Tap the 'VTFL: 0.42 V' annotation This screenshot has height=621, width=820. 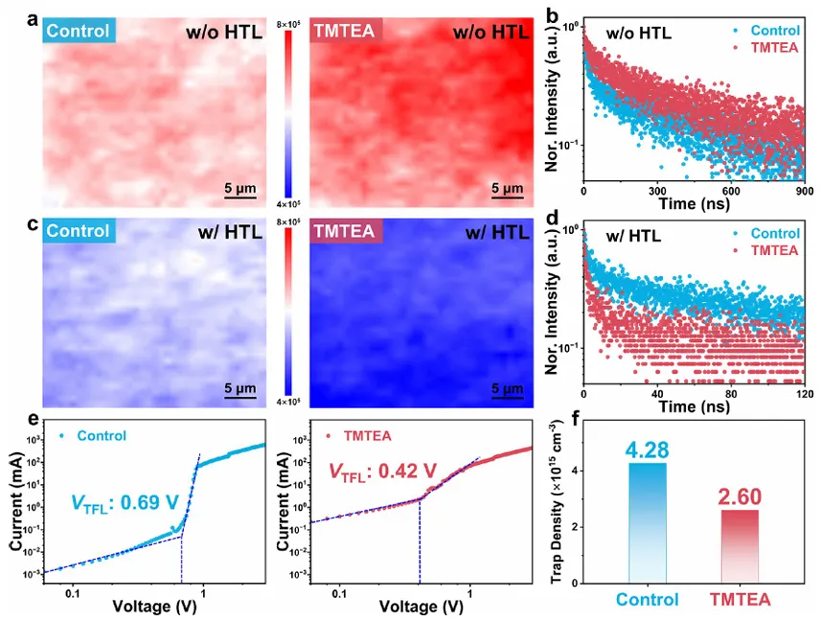pyautogui.click(x=383, y=471)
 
